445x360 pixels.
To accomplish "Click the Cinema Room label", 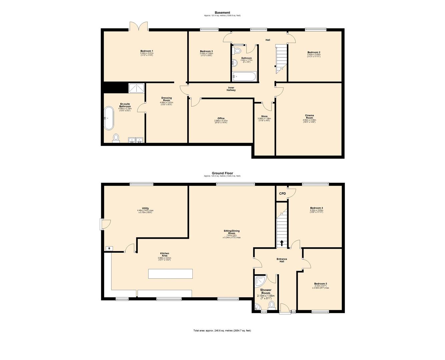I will [309, 117].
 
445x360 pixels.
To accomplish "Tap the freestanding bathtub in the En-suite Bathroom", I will [109, 118].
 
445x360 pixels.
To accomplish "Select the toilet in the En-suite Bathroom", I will [116, 137].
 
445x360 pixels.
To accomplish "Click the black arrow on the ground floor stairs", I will [282, 243].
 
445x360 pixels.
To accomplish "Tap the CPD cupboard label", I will [282, 194].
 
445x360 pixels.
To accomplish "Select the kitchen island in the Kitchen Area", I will [170, 274].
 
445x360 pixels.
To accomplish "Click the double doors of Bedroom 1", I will [139, 27].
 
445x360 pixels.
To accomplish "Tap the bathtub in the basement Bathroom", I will [244, 77].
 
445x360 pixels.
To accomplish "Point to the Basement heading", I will [222, 13].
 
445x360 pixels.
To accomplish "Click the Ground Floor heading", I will [222, 173].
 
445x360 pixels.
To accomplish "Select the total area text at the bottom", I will [222, 331].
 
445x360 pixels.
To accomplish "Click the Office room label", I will [221, 118].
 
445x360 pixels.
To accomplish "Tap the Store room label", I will [264, 117].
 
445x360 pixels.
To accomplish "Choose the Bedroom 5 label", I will [320, 284].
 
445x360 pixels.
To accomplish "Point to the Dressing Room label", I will [166, 99].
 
